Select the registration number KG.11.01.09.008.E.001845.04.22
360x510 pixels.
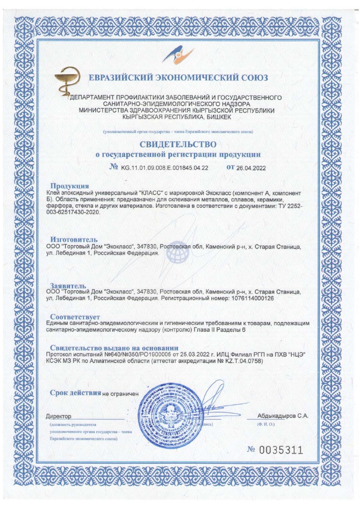tap(164, 168)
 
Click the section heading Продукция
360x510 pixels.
tap(69, 186)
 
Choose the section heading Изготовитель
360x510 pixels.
tap(74, 239)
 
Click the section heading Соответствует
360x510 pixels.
tap(75, 316)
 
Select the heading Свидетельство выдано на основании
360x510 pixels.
tap(111, 347)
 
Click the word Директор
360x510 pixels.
tap(59, 416)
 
